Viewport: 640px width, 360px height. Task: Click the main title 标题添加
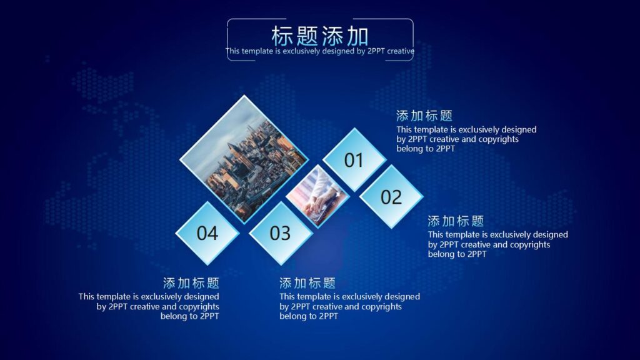[x=319, y=36]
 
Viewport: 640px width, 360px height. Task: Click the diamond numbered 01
[x=354, y=160]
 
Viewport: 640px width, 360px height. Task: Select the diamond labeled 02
[x=391, y=197]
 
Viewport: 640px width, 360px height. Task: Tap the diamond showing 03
[x=280, y=233]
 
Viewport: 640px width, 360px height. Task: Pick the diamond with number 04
[x=207, y=233]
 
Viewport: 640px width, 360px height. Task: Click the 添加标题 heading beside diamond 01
[x=424, y=116]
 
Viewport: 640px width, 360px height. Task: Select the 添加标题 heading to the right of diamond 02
[x=456, y=221]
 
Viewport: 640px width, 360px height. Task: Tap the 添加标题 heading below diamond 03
[x=307, y=283]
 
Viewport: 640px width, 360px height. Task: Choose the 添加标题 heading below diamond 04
[x=191, y=283]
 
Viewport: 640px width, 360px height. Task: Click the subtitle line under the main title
[x=319, y=51]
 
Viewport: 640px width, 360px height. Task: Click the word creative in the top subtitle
[x=401, y=51]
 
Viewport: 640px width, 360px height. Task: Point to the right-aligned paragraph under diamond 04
[x=149, y=306]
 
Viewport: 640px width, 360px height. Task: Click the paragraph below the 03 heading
[x=349, y=306]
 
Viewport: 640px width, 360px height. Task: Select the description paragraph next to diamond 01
[x=466, y=139]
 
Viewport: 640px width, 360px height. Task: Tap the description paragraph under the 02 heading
[x=497, y=244]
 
